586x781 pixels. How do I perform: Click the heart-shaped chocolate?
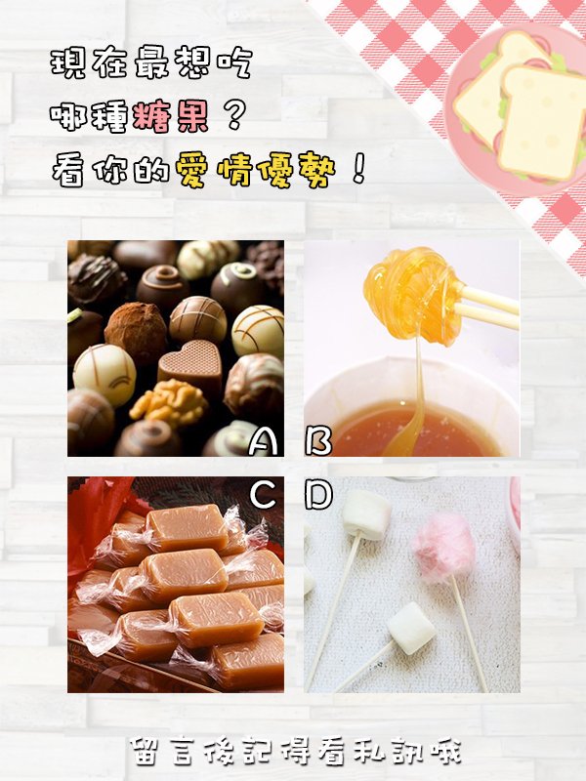click(x=190, y=363)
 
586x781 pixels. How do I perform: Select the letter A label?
click(x=263, y=441)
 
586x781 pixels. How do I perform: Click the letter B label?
click(x=318, y=441)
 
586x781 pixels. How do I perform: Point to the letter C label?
click(x=263, y=495)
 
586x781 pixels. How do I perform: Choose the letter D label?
click(x=318, y=495)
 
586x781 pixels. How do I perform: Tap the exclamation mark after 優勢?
click(x=358, y=168)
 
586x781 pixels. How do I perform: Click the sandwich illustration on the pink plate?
click(x=523, y=107)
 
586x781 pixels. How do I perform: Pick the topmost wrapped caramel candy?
click(x=187, y=527)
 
